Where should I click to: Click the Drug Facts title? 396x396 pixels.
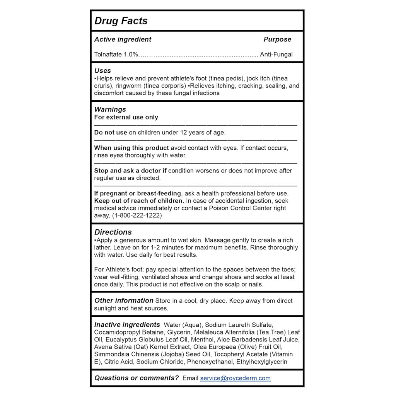pos(121,21)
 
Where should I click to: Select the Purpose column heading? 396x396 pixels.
pos(277,39)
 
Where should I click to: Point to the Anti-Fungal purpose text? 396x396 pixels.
pos(276,55)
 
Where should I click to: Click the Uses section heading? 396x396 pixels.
pos(102,71)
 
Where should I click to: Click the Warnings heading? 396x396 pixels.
pos(110,109)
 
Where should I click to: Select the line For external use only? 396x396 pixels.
pos(126,117)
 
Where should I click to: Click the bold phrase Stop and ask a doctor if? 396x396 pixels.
pos(130,171)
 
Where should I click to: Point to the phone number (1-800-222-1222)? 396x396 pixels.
pos(137,215)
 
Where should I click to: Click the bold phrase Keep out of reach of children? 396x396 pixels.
pos(139,201)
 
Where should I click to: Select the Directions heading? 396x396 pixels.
pos(113,232)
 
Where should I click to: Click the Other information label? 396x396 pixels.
pos(124,300)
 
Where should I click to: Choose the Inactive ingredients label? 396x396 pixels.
pos(127,325)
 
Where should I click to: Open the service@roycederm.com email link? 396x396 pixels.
pos(235,378)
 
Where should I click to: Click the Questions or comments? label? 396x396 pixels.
pos(137,378)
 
